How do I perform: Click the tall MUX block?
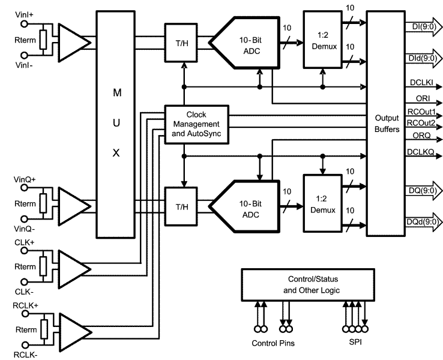pos(116,124)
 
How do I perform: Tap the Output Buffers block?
pos(387,124)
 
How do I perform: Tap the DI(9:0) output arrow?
pos(424,26)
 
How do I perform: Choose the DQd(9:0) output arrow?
pos(424,223)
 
